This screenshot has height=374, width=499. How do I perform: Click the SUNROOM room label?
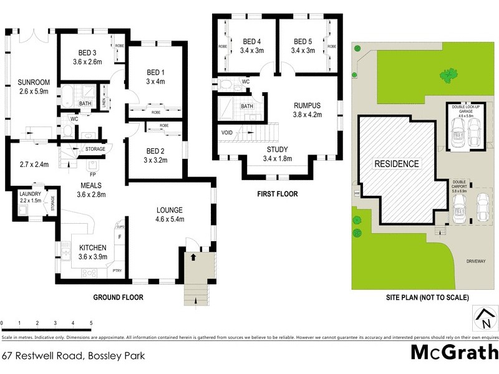30,82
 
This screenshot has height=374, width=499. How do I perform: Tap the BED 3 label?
87,52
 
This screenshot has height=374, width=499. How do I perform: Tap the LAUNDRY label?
30,194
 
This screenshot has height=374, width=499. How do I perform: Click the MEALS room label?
91,185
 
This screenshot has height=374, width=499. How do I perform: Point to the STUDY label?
278,150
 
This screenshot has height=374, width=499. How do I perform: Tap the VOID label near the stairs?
227,133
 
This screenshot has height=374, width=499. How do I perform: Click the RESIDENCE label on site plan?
396,164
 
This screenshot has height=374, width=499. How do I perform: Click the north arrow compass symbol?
483,318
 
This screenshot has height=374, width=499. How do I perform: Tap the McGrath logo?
454,352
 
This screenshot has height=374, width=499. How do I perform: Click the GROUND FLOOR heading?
119,298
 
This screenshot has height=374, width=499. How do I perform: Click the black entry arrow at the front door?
193,256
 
